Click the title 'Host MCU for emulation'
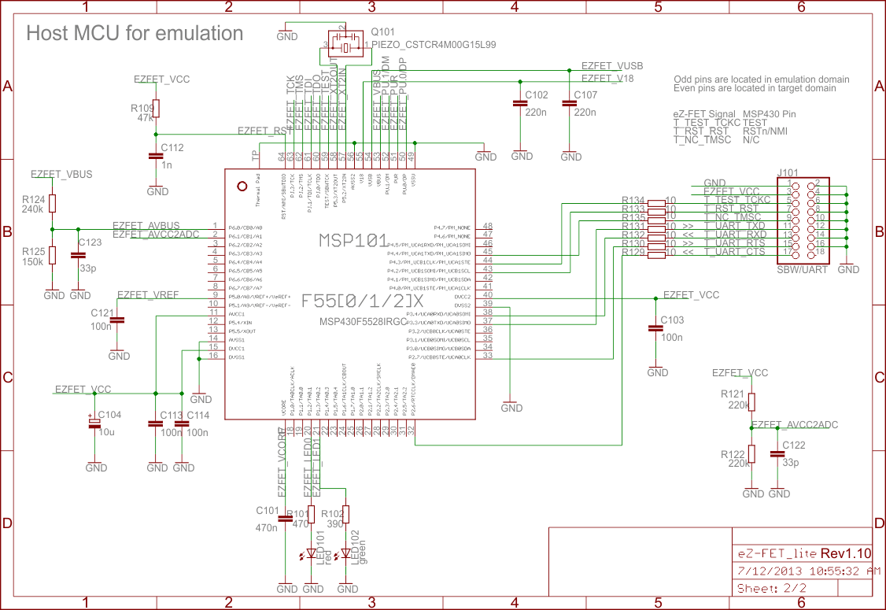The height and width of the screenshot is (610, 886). coord(135,33)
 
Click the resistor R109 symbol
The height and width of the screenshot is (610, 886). coord(155,109)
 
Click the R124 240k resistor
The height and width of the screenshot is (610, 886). coord(53,204)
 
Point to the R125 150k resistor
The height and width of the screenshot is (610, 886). coord(53,254)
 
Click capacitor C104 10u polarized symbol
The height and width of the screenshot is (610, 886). coord(94,423)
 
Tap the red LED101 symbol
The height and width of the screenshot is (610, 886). coord(312,554)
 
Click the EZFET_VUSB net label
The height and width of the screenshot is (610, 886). coord(611,67)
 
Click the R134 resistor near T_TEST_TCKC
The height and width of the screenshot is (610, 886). coord(655,202)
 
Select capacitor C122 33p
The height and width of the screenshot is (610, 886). coord(778,454)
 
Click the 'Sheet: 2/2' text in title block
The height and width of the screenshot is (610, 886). coord(771,588)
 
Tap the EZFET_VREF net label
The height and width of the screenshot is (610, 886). coord(148,294)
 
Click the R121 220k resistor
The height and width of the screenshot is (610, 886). coord(751,402)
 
